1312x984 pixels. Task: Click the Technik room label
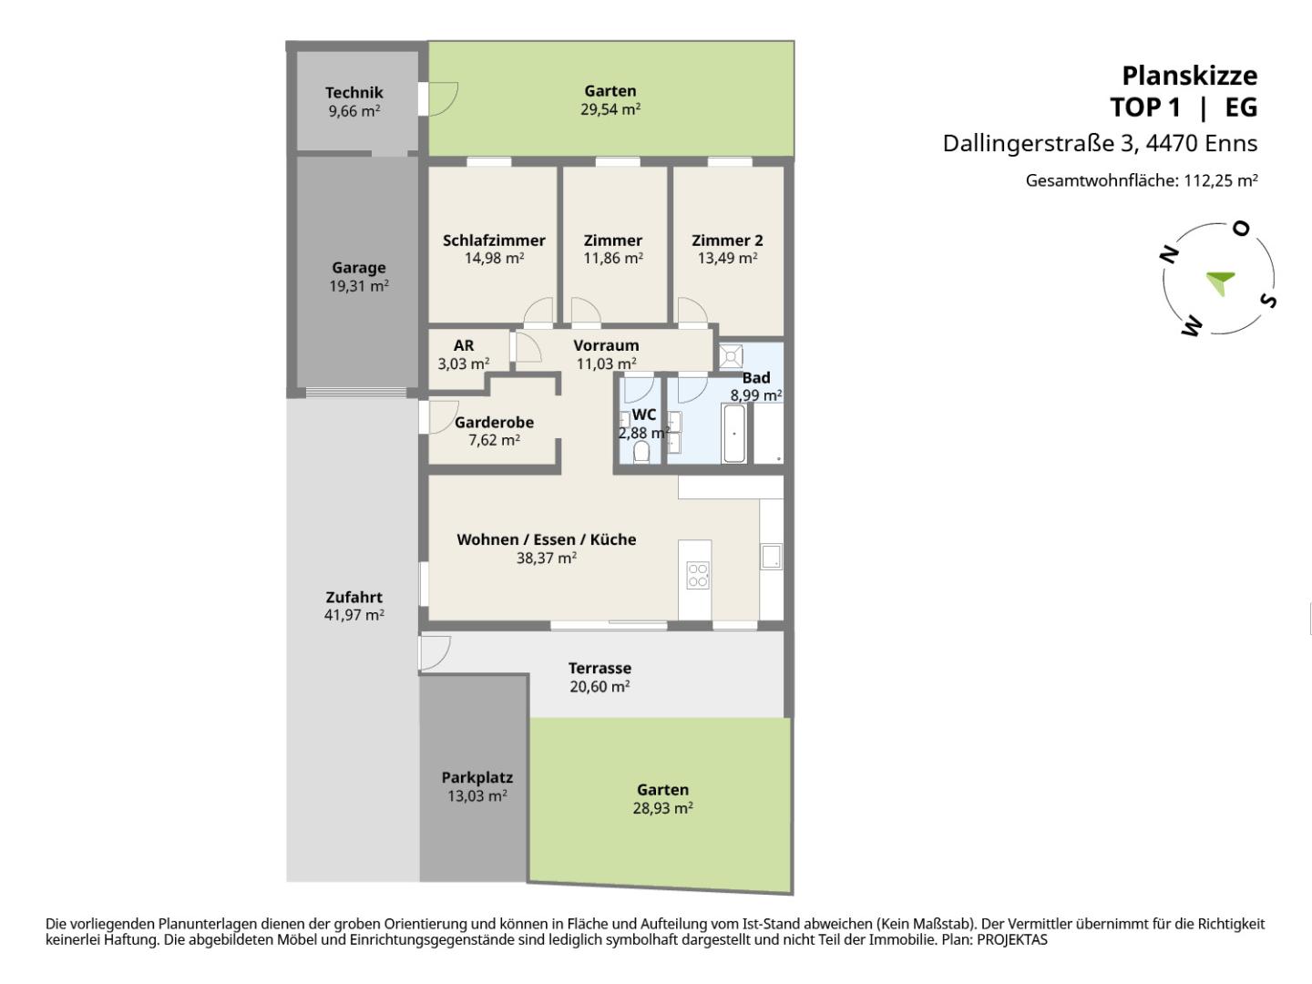tap(354, 93)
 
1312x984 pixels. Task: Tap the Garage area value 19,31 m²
tap(359, 286)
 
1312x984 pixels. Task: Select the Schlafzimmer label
tap(494, 241)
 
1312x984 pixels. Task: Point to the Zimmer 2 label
tap(727, 241)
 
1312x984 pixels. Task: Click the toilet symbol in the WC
tap(641, 452)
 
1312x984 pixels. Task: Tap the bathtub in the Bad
tap(734, 434)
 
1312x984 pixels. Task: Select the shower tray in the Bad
tap(731, 356)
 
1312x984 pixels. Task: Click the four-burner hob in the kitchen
tap(698, 575)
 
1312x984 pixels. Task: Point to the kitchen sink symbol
tap(771, 556)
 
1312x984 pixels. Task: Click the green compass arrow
tap(1219, 282)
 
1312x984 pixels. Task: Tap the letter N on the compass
tap(1169, 254)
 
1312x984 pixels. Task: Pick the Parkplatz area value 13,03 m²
tap(477, 795)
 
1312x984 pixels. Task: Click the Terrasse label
tap(600, 668)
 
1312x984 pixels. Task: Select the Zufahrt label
tap(354, 597)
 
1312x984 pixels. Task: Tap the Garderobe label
tap(494, 423)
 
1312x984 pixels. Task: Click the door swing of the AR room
tap(528, 347)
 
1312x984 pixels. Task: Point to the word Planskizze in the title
tap(1190, 76)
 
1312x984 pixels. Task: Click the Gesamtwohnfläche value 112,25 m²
tap(1221, 180)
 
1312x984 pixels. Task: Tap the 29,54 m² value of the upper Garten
tap(610, 109)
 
